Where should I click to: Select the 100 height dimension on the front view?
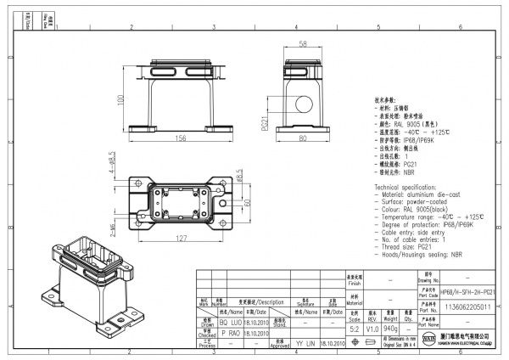coord(121,98)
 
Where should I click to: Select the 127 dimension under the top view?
coord(181,238)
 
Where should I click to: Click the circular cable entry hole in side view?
coord(303,106)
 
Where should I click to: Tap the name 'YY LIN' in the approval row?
coord(304,346)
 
